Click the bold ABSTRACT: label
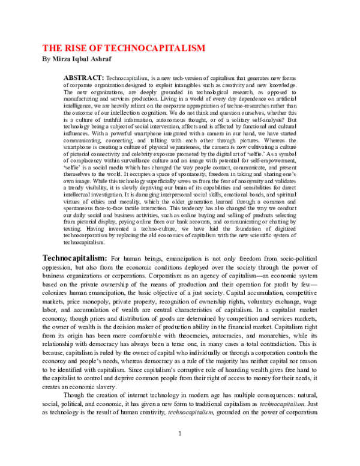click(83, 79)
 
